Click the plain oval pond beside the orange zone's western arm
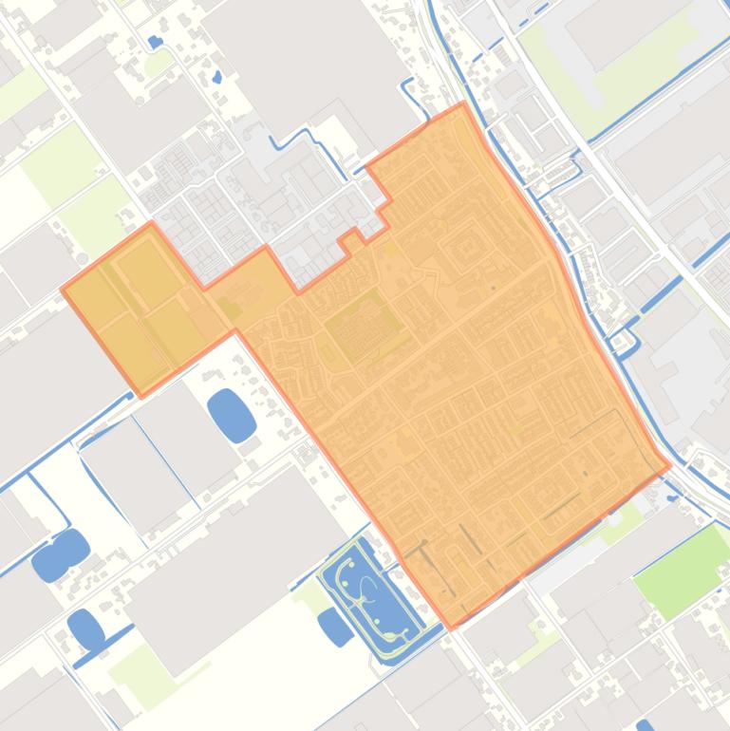pyautogui.click(x=232, y=414)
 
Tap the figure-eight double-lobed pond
pyautogui.click(x=61, y=554)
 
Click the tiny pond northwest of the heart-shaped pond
pyautogui.click(x=156, y=42)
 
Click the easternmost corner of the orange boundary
pyautogui.click(x=670, y=466)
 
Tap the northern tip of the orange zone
pyautogui.click(x=463, y=103)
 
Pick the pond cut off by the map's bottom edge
pyautogui.click(x=645, y=726)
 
